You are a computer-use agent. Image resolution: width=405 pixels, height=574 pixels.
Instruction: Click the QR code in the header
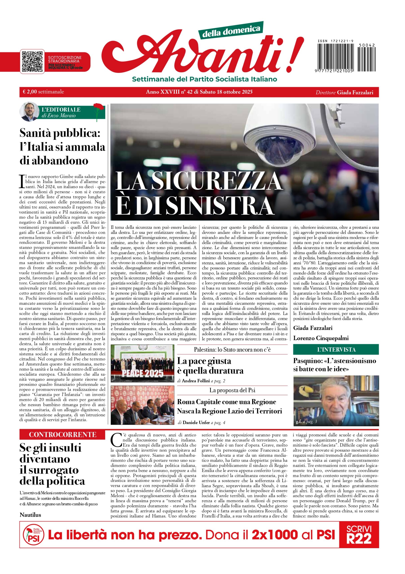click(32, 61)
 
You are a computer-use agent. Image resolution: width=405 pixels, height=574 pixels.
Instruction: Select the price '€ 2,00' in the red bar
click(30, 92)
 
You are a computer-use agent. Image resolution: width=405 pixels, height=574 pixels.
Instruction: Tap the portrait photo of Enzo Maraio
click(30, 111)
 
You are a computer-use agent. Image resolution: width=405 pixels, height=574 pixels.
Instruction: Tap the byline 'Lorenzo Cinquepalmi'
click(321, 338)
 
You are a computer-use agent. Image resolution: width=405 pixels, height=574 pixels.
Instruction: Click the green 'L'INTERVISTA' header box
click(336, 350)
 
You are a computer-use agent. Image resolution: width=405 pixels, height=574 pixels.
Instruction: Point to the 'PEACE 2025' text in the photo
click(142, 374)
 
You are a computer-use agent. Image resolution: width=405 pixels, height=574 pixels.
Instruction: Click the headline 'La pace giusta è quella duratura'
click(210, 366)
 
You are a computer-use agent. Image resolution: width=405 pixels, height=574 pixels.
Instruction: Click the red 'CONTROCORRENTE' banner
click(62, 435)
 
